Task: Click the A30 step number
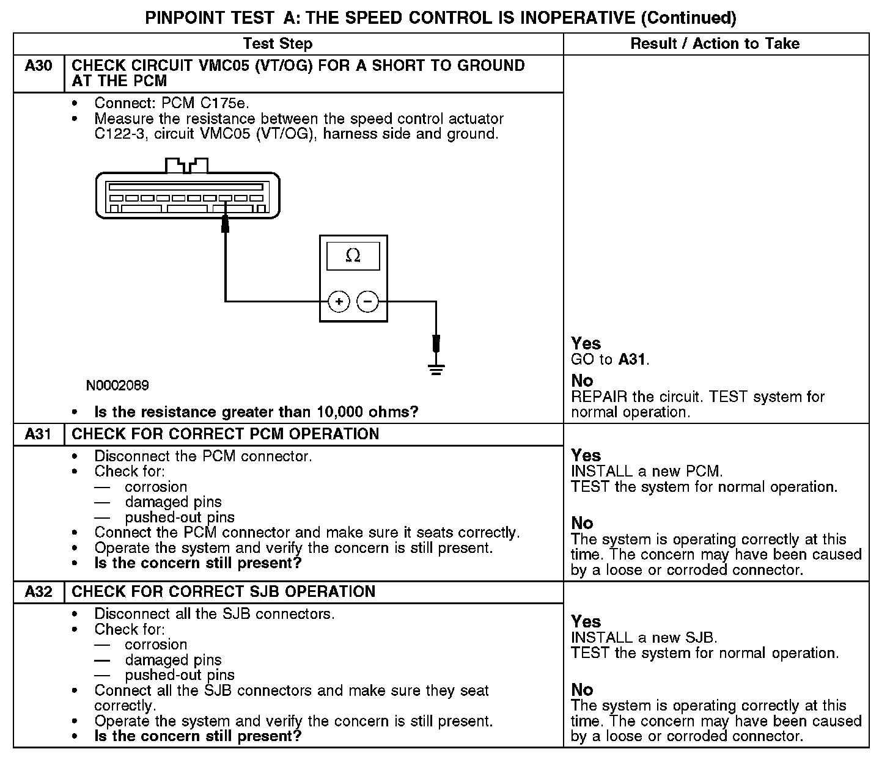coord(38,66)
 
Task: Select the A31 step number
coord(38,434)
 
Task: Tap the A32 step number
coord(38,592)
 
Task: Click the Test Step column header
coord(278,44)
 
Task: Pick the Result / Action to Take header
coord(715,44)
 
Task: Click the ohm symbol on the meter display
coord(353,255)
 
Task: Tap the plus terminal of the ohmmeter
coord(339,301)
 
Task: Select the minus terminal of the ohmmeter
coord(367,301)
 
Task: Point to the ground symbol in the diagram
coord(436,368)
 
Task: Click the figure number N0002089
coord(117,385)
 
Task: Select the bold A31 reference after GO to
coord(632,359)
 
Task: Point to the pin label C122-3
coord(120,134)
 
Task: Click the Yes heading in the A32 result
coord(586,622)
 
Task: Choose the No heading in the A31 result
coord(582,524)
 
